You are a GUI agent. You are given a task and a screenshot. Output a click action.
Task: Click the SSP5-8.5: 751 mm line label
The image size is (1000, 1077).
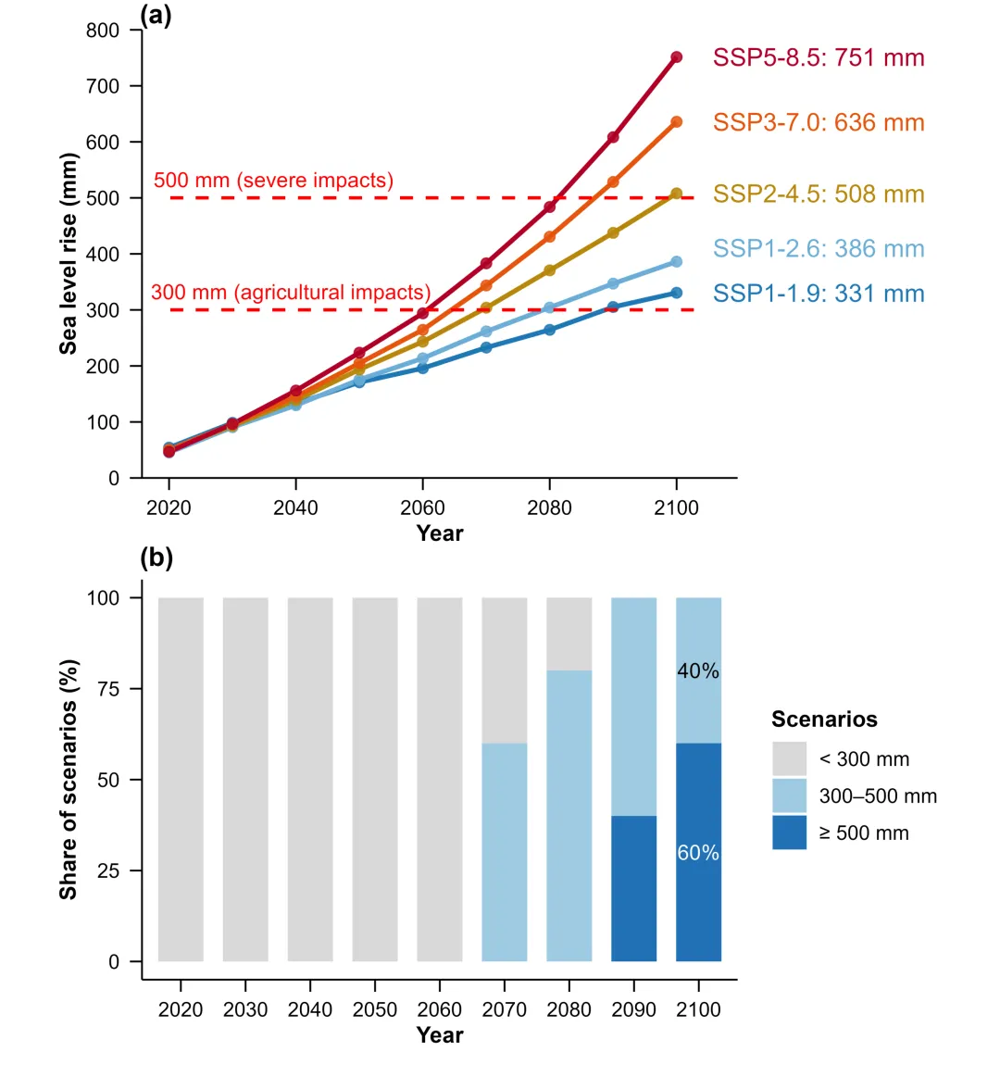(819, 58)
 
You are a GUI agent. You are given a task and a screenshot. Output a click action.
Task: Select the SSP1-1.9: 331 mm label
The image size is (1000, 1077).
(819, 294)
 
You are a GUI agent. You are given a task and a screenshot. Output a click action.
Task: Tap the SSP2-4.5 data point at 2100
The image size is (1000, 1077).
(676, 194)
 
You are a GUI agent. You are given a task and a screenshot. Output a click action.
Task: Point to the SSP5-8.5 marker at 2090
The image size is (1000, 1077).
(613, 137)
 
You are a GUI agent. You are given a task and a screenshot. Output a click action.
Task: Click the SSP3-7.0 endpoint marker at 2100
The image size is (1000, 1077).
(676, 122)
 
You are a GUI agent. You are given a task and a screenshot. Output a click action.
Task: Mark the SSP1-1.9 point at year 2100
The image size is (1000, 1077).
(676, 293)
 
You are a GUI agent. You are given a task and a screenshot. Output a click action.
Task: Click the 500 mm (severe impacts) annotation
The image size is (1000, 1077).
(273, 181)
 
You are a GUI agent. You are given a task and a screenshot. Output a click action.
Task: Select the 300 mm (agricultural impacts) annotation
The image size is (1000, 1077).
(291, 293)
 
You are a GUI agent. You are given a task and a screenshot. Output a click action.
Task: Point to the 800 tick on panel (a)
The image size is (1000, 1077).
(103, 31)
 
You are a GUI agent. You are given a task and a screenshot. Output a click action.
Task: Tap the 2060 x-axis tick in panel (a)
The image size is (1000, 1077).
(422, 507)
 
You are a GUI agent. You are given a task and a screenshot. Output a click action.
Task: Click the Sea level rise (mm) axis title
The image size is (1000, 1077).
(69, 254)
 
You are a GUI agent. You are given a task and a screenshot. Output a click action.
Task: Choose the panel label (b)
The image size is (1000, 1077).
(156, 557)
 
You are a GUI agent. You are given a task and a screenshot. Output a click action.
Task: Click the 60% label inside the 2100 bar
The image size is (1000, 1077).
(698, 853)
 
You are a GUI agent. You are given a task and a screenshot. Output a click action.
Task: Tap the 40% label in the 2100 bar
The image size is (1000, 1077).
(698, 671)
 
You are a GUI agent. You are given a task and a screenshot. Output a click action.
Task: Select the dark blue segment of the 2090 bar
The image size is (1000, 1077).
(634, 888)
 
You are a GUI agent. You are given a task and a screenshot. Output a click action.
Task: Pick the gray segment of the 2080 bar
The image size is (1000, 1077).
(569, 633)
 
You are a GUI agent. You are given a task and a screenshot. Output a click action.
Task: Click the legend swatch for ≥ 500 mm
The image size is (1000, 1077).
(790, 833)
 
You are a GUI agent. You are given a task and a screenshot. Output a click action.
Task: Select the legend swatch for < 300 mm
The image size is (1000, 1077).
(790, 758)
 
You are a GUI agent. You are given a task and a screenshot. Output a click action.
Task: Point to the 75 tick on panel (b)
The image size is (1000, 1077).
(109, 689)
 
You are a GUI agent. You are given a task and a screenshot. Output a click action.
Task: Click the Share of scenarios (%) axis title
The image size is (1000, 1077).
(69, 780)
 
